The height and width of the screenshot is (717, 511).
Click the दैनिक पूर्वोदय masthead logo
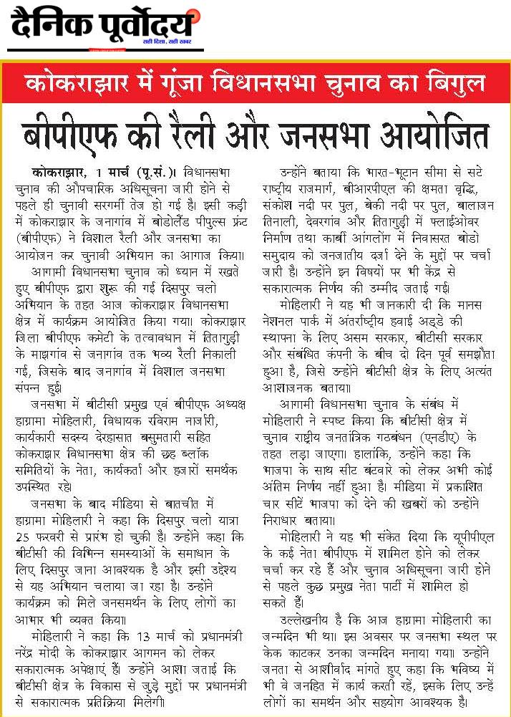[102, 27]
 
